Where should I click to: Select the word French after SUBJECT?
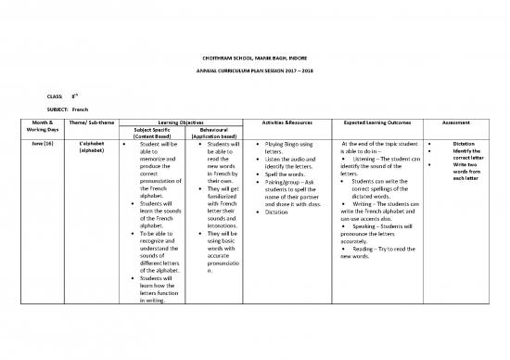pos(80,109)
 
